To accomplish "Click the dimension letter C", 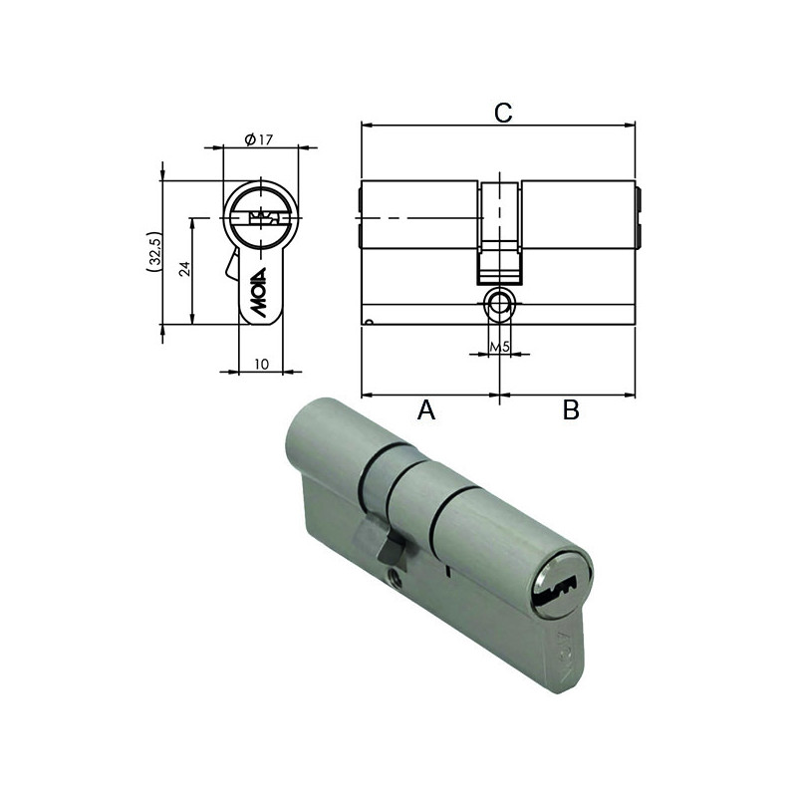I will pyautogui.click(x=503, y=113).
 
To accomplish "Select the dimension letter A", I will pyautogui.click(x=426, y=409).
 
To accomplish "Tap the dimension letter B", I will pyautogui.click(x=570, y=409).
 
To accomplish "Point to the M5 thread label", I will pyautogui.click(x=500, y=347).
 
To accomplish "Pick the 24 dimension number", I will pyautogui.click(x=183, y=269).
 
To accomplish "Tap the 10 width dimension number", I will pyautogui.click(x=260, y=365).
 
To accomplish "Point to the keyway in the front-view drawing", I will pyautogui.click(x=261, y=217).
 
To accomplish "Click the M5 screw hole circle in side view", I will pyautogui.click(x=499, y=304).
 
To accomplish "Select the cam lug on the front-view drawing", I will pyautogui.click(x=231, y=267).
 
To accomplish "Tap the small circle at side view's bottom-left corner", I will pyautogui.click(x=369, y=321).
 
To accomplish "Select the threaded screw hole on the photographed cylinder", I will pyautogui.click(x=392, y=574).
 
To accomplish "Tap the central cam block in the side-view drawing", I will pyautogui.click(x=499, y=229).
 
